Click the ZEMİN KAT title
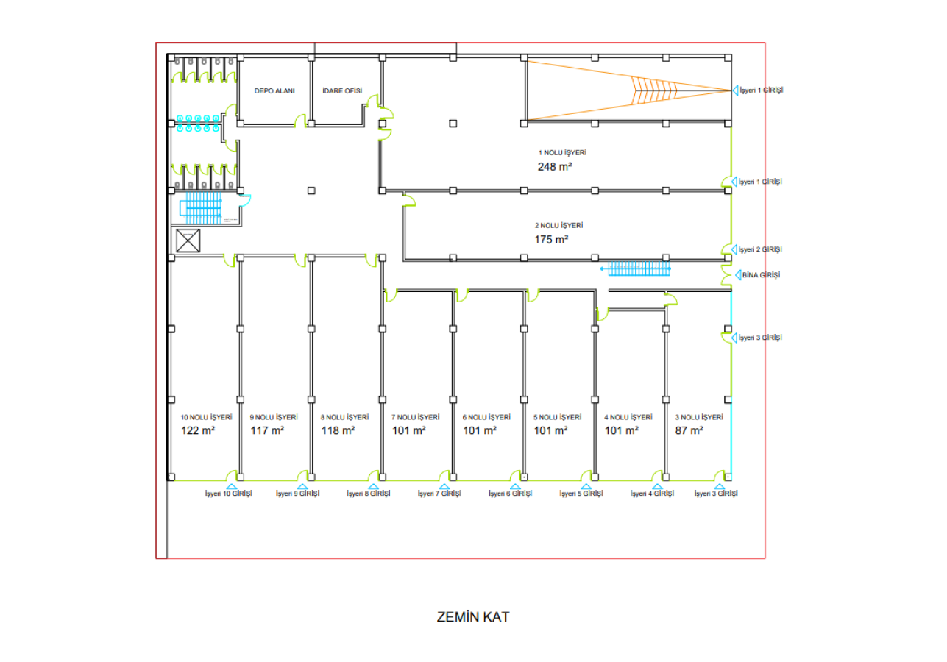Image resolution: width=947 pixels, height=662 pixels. pyautogui.click(x=472, y=616)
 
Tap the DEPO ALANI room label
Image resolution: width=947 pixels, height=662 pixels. pyautogui.click(x=274, y=91)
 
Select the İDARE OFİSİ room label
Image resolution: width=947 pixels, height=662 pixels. pyautogui.click(x=342, y=91)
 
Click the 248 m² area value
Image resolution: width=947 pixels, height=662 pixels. pyautogui.click(x=555, y=167)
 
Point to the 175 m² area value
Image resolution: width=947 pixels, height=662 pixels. pyautogui.click(x=551, y=239)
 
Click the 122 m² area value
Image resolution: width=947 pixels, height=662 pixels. pyautogui.click(x=197, y=430)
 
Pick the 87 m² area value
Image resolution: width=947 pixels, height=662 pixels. pyautogui.click(x=689, y=430)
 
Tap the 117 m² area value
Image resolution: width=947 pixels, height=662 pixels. pyautogui.click(x=267, y=430)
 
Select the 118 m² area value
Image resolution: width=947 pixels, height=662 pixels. pyautogui.click(x=338, y=430)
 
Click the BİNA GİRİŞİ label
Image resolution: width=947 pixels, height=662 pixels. pyautogui.click(x=761, y=275)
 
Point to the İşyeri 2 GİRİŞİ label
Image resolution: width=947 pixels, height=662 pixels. pyautogui.click(x=760, y=250)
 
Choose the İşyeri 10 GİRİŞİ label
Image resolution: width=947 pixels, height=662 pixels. pyautogui.click(x=228, y=494)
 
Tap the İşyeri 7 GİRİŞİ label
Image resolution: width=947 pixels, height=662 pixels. pyautogui.click(x=439, y=494)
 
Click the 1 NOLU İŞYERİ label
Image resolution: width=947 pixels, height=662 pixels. pyautogui.click(x=562, y=153)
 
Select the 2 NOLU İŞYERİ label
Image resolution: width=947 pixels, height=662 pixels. pyautogui.click(x=564, y=225)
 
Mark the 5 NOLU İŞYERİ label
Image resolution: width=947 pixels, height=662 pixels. pyautogui.click(x=557, y=417)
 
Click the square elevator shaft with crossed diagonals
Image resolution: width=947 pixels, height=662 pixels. pyautogui.click(x=188, y=241)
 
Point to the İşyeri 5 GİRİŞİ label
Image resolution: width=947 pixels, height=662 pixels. pyautogui.click(x=581, y=494)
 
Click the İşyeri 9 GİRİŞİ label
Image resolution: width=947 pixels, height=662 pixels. pyautogui.click(x=297, y=494)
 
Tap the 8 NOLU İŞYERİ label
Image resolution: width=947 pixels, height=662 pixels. pyautogui.click(x=344, y=417)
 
